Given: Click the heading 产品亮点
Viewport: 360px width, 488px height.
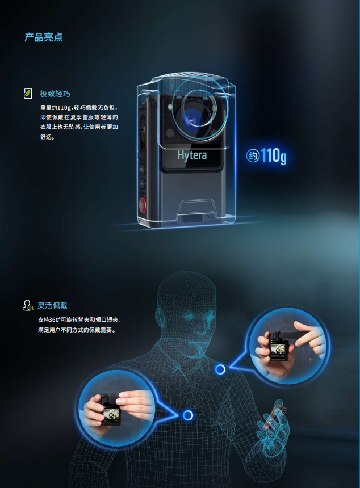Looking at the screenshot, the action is [44, 37].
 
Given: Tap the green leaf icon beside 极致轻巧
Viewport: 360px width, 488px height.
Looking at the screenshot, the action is [28, 94].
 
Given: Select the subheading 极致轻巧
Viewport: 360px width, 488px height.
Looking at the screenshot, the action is [55, 94].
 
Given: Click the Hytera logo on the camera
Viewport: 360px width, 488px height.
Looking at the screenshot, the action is [192, 155].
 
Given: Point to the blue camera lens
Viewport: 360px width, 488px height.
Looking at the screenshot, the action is [190, 120].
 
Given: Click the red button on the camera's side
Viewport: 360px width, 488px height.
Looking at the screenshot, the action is [143, 205].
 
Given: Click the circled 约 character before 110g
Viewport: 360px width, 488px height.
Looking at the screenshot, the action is [253, 155].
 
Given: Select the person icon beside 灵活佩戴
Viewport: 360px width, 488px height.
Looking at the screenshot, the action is [28, 305].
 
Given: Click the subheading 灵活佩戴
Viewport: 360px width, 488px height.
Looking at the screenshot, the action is [53, 306].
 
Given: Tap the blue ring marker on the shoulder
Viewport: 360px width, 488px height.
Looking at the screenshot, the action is [220, 369].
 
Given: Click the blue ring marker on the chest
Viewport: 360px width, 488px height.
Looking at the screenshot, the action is [188, 415].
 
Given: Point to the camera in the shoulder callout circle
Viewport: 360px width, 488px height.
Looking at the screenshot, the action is [279, 346].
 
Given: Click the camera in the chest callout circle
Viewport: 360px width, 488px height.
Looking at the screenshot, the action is [111, 410].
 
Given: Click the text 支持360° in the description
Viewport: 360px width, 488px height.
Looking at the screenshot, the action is [49, 320].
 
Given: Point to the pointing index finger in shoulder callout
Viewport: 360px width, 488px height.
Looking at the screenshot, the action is [307, 335].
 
